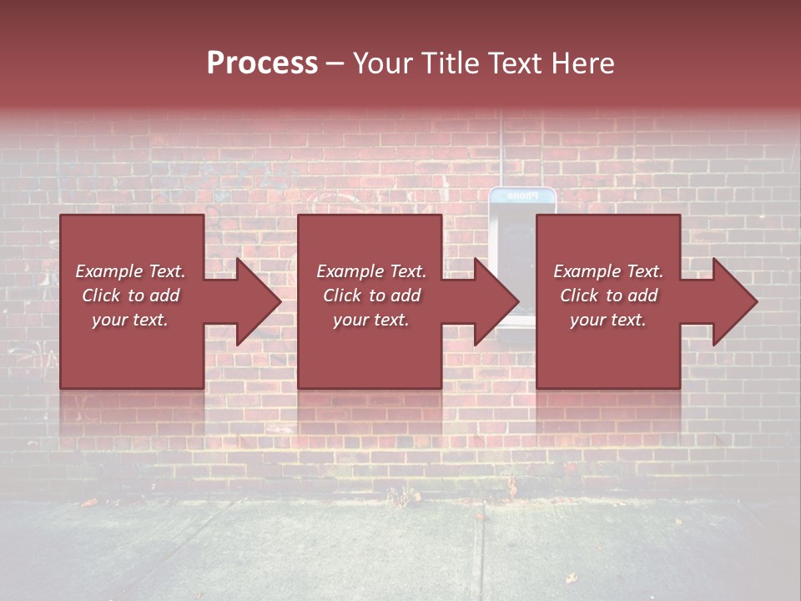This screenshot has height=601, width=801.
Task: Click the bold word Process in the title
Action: pyautogui.click(x=262, y=63)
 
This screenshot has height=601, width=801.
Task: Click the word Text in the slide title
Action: pyautogui.click(x=514, y=63)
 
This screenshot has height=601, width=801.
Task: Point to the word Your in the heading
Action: pyautogui.click(x=382, y=63)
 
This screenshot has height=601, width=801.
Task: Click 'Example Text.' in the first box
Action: pyautogui.click(x=131, y=271)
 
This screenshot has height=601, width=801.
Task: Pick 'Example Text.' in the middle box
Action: pyautogui.click(x=371, y=271)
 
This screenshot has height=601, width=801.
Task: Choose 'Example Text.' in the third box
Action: pyautogui.click(x=608, y=271)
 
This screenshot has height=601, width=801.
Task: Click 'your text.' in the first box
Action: pyautogui.click(x=131, y=320)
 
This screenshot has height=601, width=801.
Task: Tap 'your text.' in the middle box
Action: pyautogui.click(x=371, y=320)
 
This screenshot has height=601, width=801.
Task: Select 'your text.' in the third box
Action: pyautogui.click(x=608, y=320)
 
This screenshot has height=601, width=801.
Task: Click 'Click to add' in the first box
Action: pyautogui.click(x=131, y=295)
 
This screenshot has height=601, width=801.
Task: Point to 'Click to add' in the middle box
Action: pyautogui.click(x=371, y=295)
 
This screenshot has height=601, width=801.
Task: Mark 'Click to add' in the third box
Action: pyautogui.click(x=608, y=295)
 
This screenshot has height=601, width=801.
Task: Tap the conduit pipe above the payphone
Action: pyautogui.click(x=502, y=150)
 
